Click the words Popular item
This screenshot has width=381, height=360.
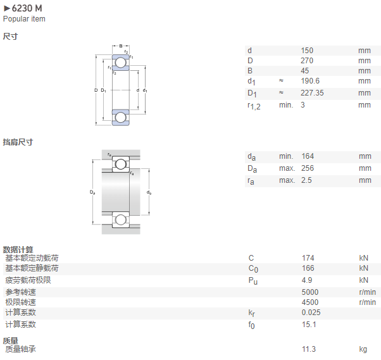tap(24, 19)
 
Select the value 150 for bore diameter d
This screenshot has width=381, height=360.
tap(307, 51)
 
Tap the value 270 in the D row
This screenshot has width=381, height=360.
tap(307, 61)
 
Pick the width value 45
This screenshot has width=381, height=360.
tap(305, 71)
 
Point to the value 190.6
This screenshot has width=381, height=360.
tap(310, 81)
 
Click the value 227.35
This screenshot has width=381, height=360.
tap(312, 93)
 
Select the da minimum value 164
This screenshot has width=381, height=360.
tap(308, 156)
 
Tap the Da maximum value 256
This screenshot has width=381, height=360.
tap(308, 168)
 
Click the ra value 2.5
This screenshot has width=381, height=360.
tap(307, 180)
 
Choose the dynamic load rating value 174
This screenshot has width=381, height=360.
tap(308, 258)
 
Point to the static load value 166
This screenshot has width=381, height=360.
tap(308, 268)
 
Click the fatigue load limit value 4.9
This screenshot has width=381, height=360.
tap(307, 280)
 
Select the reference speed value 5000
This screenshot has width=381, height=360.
tap(310, 292)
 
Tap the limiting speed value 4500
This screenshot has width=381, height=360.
tap(310, 302)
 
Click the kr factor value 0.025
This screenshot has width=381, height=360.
tap(311, 313)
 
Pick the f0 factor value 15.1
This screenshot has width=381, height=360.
tap(309, 325)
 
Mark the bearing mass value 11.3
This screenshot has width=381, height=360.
tap(309, 349)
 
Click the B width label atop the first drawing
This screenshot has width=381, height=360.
tap(121, 46)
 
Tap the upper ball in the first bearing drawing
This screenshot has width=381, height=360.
tap(120, 63)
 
